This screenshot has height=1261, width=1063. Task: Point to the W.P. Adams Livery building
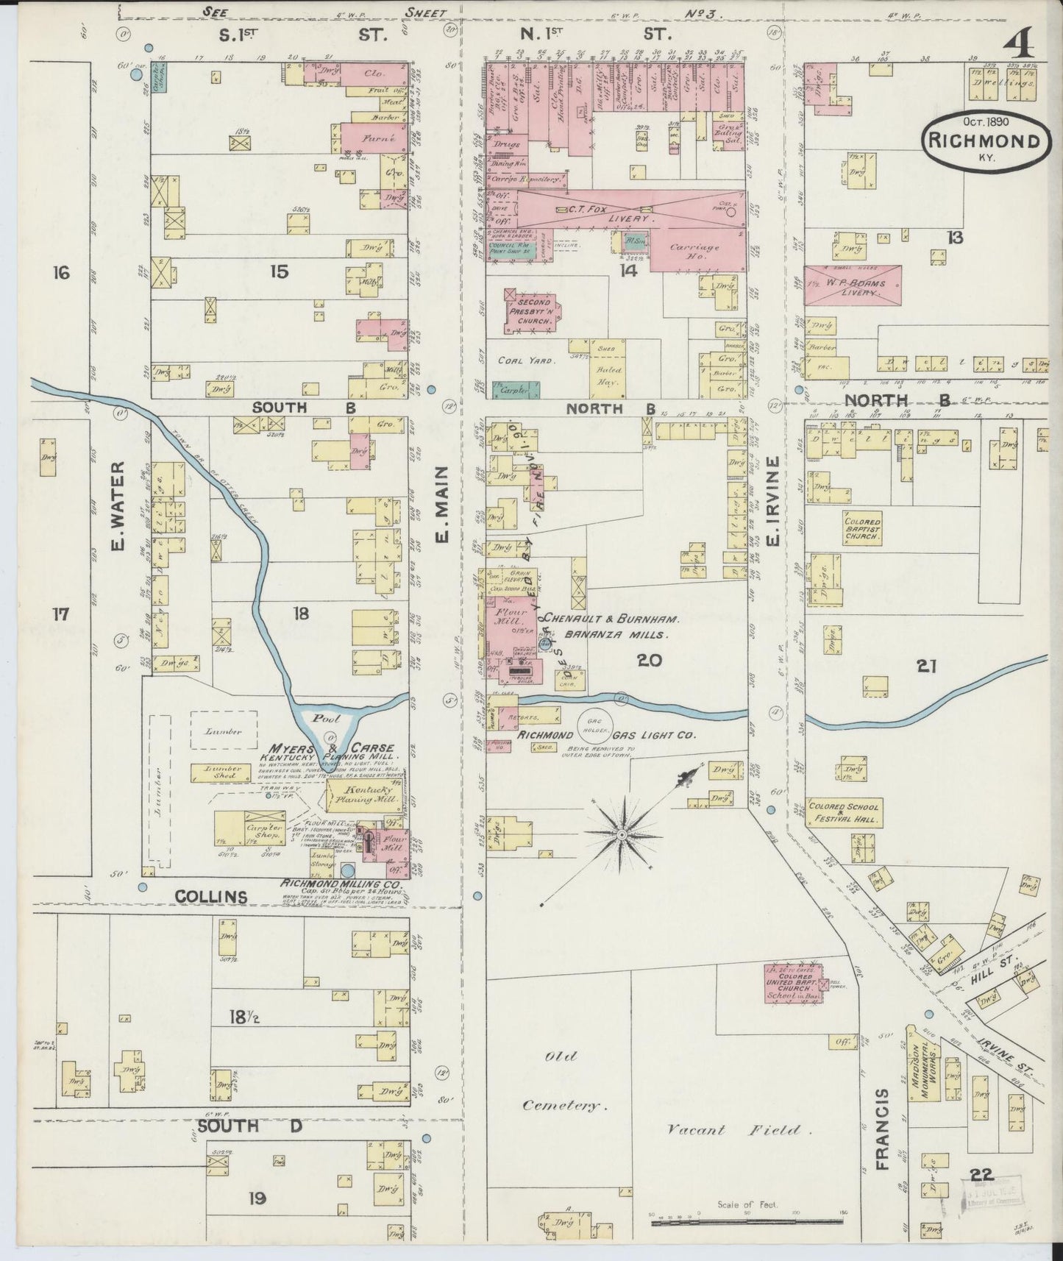853,285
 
